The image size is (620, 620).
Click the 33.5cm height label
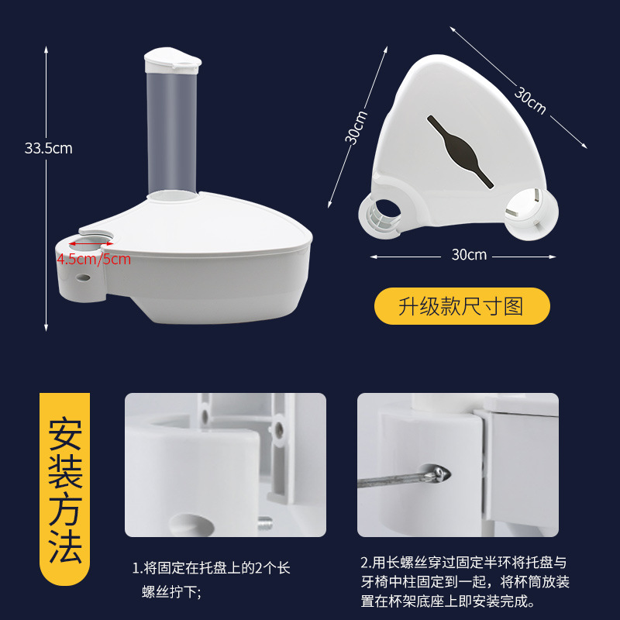click(49, 148)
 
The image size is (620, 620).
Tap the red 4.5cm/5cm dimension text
click(94, 260)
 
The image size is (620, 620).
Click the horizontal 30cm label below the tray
click(469, 255)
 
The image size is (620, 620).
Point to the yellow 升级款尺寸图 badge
click(462, 306)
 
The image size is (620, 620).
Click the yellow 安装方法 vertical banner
click(65, 489)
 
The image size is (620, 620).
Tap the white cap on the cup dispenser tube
click(172, 60)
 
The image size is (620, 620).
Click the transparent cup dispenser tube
click(171, 133)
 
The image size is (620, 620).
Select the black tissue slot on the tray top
click(460, 151)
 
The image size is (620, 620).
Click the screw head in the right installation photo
click(439, 474)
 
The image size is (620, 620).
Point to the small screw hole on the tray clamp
click(83, 277)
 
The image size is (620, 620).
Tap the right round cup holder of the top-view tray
click(532, 214)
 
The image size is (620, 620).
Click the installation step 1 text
click(211, 580)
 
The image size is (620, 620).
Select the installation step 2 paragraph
click(464, 582)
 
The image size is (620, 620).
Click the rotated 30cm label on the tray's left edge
click(356, 127)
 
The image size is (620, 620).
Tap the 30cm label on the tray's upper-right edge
click(530, 100)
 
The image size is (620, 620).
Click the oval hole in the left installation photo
click(191, 525)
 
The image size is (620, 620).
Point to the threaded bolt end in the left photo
click(265, 524)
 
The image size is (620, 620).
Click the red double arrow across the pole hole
click(91, 244)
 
